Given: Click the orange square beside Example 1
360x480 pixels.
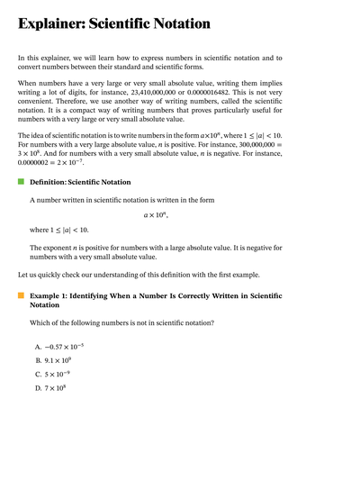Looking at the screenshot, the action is click(x=21, y=294).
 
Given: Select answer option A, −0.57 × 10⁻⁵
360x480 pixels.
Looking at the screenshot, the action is click(x=65, y=347).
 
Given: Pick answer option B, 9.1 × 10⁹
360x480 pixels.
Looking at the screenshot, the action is click(x=58, y=360).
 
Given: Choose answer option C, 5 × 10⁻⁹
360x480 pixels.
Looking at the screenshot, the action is click(x=58, y=375).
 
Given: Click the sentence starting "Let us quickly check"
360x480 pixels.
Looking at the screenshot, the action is click(x=135, y=274).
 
